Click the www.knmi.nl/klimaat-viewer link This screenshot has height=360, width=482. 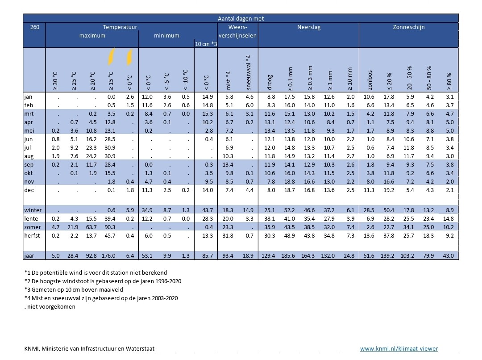click(399, 348)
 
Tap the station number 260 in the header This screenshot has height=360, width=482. click(34, 27)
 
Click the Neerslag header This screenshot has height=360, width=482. click(309, 27)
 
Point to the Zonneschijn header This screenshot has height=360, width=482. click(409, 27)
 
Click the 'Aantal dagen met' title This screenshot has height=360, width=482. click(241, 18)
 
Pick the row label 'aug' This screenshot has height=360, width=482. click(29, 156)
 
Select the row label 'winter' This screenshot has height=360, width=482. click(33, 210)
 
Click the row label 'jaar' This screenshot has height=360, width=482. click(30, 256)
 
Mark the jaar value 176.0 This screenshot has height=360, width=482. click(108, 256)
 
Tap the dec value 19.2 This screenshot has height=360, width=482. click(389, 190)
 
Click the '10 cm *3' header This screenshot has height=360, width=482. click(206, 44)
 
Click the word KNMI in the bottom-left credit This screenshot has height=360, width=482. click(32, 348)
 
